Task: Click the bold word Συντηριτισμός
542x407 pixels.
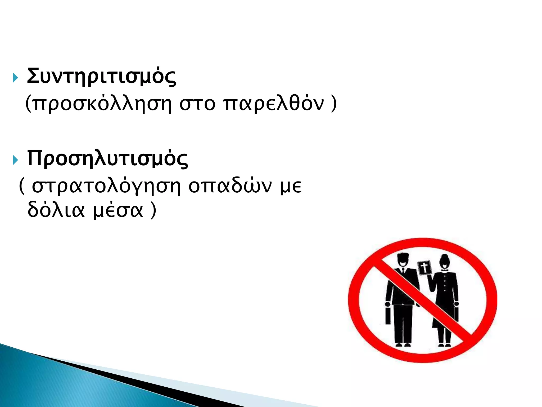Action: (x=101, y=77)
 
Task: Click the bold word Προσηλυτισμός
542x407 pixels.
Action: (x=107, y=159)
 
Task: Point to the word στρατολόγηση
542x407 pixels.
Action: (x=106, y=187)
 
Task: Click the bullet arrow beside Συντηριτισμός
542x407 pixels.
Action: (x=15, y=78)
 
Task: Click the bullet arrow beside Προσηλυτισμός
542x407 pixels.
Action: (x=15, y=160)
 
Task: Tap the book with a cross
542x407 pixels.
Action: (x=424, y=268)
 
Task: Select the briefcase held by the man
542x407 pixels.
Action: (x=388, y=316)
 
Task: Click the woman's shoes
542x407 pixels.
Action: (x=444, y=345)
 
